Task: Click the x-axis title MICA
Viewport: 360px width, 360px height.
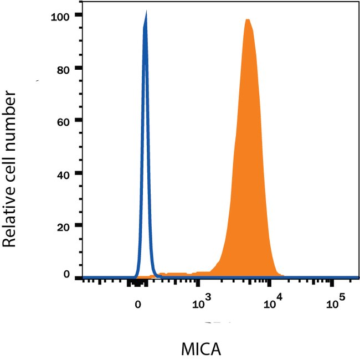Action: [201, 349]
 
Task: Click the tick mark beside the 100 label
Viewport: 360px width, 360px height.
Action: [78, 15]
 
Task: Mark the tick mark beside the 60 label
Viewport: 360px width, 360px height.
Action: [78, 120]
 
